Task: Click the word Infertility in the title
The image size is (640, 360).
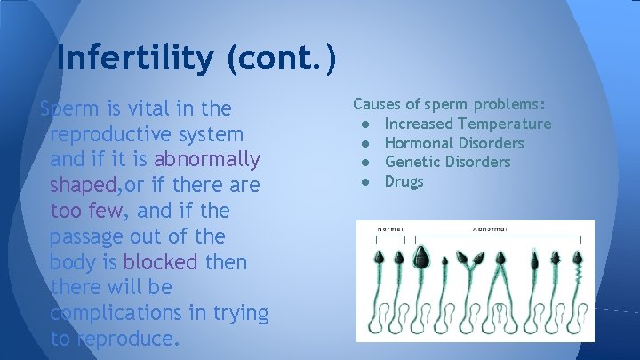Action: point(134,58)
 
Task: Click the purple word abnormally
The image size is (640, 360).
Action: point(207,160)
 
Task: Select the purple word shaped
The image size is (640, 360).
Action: point(86,186)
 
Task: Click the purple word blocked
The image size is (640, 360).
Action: point(162,263)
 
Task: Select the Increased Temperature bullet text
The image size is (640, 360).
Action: point(468,124)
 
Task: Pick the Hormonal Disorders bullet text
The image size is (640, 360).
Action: point(454,143)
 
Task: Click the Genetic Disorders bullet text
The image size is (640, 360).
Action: point(447,162)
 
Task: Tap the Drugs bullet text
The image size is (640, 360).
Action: point(404,181)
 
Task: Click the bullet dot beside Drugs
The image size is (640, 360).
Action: point(365,181)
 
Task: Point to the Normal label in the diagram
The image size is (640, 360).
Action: point(390,228)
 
